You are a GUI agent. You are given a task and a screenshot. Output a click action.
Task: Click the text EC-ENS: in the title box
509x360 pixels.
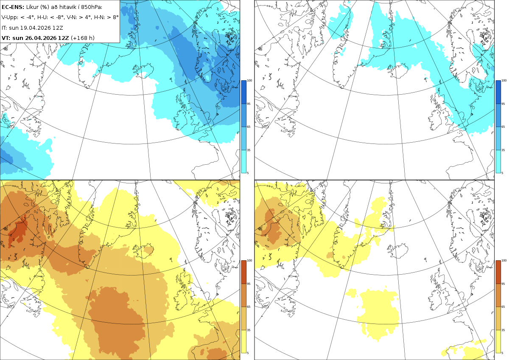[x=13, y=7]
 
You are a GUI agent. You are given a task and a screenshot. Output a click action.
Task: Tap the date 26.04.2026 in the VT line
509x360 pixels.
[x=40, y=38]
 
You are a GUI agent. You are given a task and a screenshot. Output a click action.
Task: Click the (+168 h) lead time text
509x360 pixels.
[x=82, y=38]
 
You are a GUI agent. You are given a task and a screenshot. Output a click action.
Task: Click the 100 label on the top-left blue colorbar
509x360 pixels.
[x=249, y=81]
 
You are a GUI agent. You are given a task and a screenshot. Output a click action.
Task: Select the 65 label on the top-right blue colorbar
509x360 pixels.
[x=503, y=127]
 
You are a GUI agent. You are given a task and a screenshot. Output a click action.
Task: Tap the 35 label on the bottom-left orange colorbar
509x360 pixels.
[x=249, y=330]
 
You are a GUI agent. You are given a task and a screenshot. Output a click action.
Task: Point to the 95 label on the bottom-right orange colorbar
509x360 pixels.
[x=503, y=284]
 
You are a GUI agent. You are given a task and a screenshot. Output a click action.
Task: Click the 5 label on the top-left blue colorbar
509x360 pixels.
[x=248, y=173]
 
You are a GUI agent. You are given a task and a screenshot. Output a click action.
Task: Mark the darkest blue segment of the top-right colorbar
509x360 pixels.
[x=498, y=92]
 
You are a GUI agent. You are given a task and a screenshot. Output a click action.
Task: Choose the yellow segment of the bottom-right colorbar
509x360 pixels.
[x=498, y=341]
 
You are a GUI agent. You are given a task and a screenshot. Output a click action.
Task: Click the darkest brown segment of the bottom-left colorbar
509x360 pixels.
[x=243, y=272]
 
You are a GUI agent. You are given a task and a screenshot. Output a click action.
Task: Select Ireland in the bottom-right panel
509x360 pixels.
[x=436, y=299]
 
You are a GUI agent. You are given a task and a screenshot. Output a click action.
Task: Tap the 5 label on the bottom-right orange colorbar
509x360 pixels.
[x=502, y=353]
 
